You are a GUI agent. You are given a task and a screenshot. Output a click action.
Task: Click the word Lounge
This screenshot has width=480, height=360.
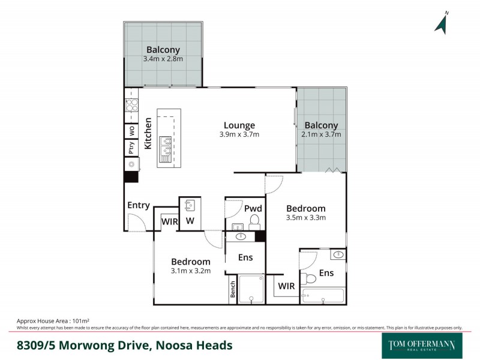pos(239,125)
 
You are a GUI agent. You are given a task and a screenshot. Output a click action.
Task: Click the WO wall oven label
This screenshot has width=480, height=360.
pos(131,130)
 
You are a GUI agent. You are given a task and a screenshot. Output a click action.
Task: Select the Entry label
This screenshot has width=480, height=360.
pos(138,205)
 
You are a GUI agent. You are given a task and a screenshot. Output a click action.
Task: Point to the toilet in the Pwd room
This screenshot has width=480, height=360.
pos(254,221)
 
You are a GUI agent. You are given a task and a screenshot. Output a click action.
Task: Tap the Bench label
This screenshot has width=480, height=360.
pos(232,290)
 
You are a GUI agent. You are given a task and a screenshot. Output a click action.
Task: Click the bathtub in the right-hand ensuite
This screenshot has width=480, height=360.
pos(323,296)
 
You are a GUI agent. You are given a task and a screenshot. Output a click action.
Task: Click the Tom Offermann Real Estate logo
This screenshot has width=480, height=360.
pos(422,345)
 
